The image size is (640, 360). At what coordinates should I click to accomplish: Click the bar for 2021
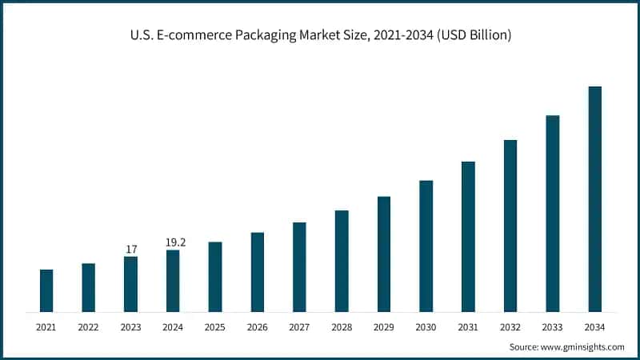[x=46, y=290]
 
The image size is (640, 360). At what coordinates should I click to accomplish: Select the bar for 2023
[x=130, y=284]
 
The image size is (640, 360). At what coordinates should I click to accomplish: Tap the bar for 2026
[x=257, y=272]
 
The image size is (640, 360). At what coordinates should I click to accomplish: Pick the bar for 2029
[x=384, y=254]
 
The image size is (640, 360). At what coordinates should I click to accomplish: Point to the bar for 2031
[x=468, y=236]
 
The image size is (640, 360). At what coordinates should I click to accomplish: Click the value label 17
[x=131, y=250]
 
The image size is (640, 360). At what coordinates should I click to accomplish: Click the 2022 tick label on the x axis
[x=89, y=327]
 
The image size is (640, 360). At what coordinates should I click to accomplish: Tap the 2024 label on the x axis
[x=173, y=327]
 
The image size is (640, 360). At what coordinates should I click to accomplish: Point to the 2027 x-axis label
[x=299, y=327]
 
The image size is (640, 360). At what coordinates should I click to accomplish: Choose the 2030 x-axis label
[x=426, y=327]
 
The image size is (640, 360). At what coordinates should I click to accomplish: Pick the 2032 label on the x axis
[x=510, y=327]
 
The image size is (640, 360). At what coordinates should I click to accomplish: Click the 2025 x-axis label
[x=215, y=327]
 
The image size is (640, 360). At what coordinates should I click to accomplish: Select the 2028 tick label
[x=342, y=327]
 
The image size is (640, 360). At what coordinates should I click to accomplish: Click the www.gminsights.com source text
[x=584, y=346]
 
